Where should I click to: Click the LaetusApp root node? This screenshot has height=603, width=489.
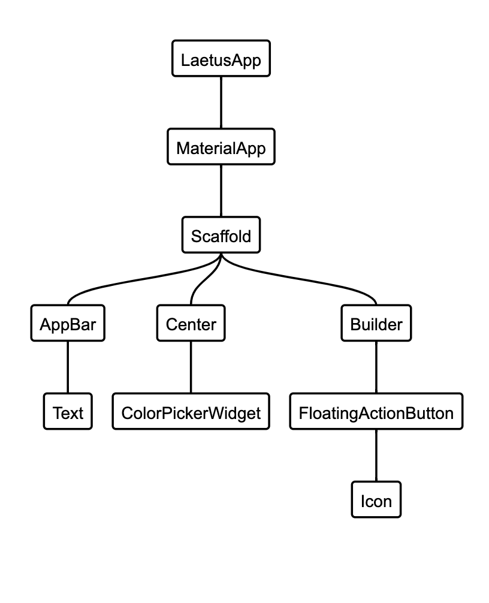point(221,59)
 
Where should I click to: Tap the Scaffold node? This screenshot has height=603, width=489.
point(221,234)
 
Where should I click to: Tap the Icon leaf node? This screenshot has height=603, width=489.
point(376,499)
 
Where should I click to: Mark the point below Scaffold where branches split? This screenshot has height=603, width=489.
point(221,257)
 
